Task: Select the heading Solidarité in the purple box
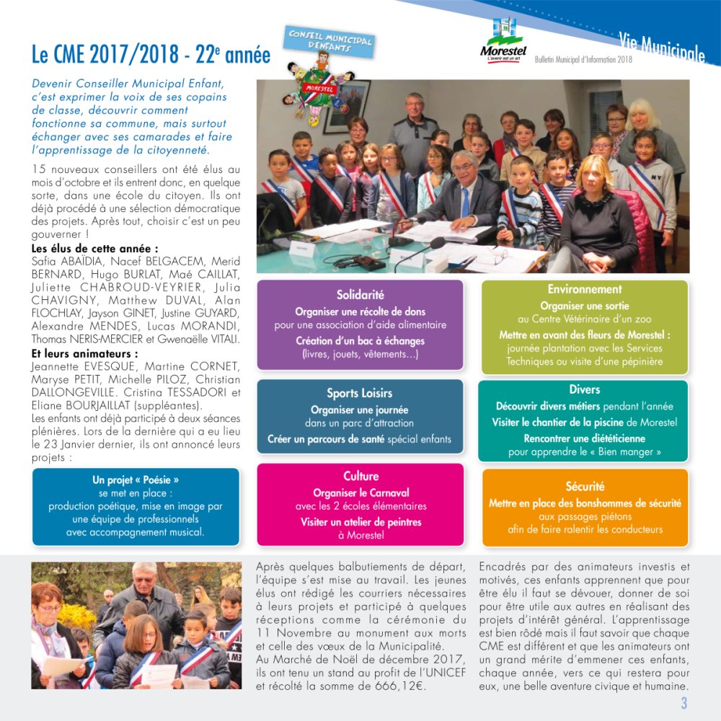click(x=360, y=294)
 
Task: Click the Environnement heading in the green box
click(x=584, y=289)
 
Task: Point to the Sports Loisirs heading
click(x=359, y=393)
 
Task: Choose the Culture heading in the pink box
click(x=360, y=476)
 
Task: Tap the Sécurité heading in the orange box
click(x=585, y=486)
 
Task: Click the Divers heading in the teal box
click(x=584, y=389)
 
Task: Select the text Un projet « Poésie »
click(x=136, y=479)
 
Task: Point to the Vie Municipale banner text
click(x=661, y=45)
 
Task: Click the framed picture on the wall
click(x=346, y=105)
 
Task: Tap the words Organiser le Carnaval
click(x=360, y=493)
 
